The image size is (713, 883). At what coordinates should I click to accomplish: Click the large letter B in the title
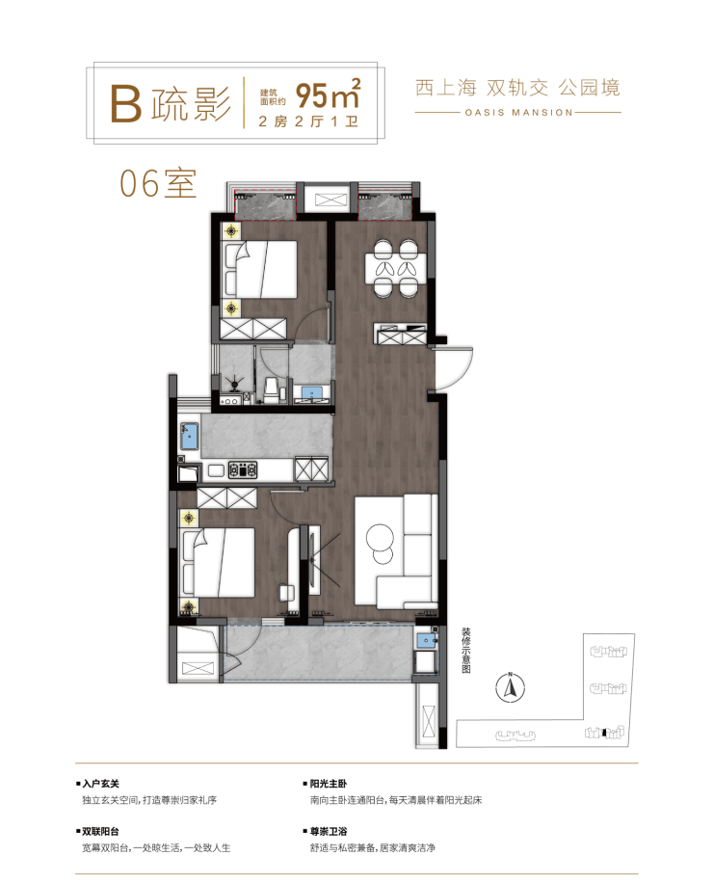tap(125, 103)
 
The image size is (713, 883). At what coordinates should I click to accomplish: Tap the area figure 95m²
tap(328, 94)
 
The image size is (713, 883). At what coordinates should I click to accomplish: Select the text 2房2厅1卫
tap(308, 121)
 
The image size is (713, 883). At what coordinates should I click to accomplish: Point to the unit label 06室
tap(158, 183)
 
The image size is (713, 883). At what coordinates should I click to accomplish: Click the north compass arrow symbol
tap(511, 687)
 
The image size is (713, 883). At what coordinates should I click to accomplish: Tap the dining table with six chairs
tap(396, 268)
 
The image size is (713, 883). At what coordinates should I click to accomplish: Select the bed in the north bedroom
tap(260, 270)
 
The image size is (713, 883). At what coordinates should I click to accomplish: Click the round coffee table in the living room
tap(380, 543)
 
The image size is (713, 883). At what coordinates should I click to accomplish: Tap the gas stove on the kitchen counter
tap(243, 469)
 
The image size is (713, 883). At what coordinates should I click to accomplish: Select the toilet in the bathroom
tap(271, 389)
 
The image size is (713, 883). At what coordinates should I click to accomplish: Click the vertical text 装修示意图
tap(466, 651)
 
